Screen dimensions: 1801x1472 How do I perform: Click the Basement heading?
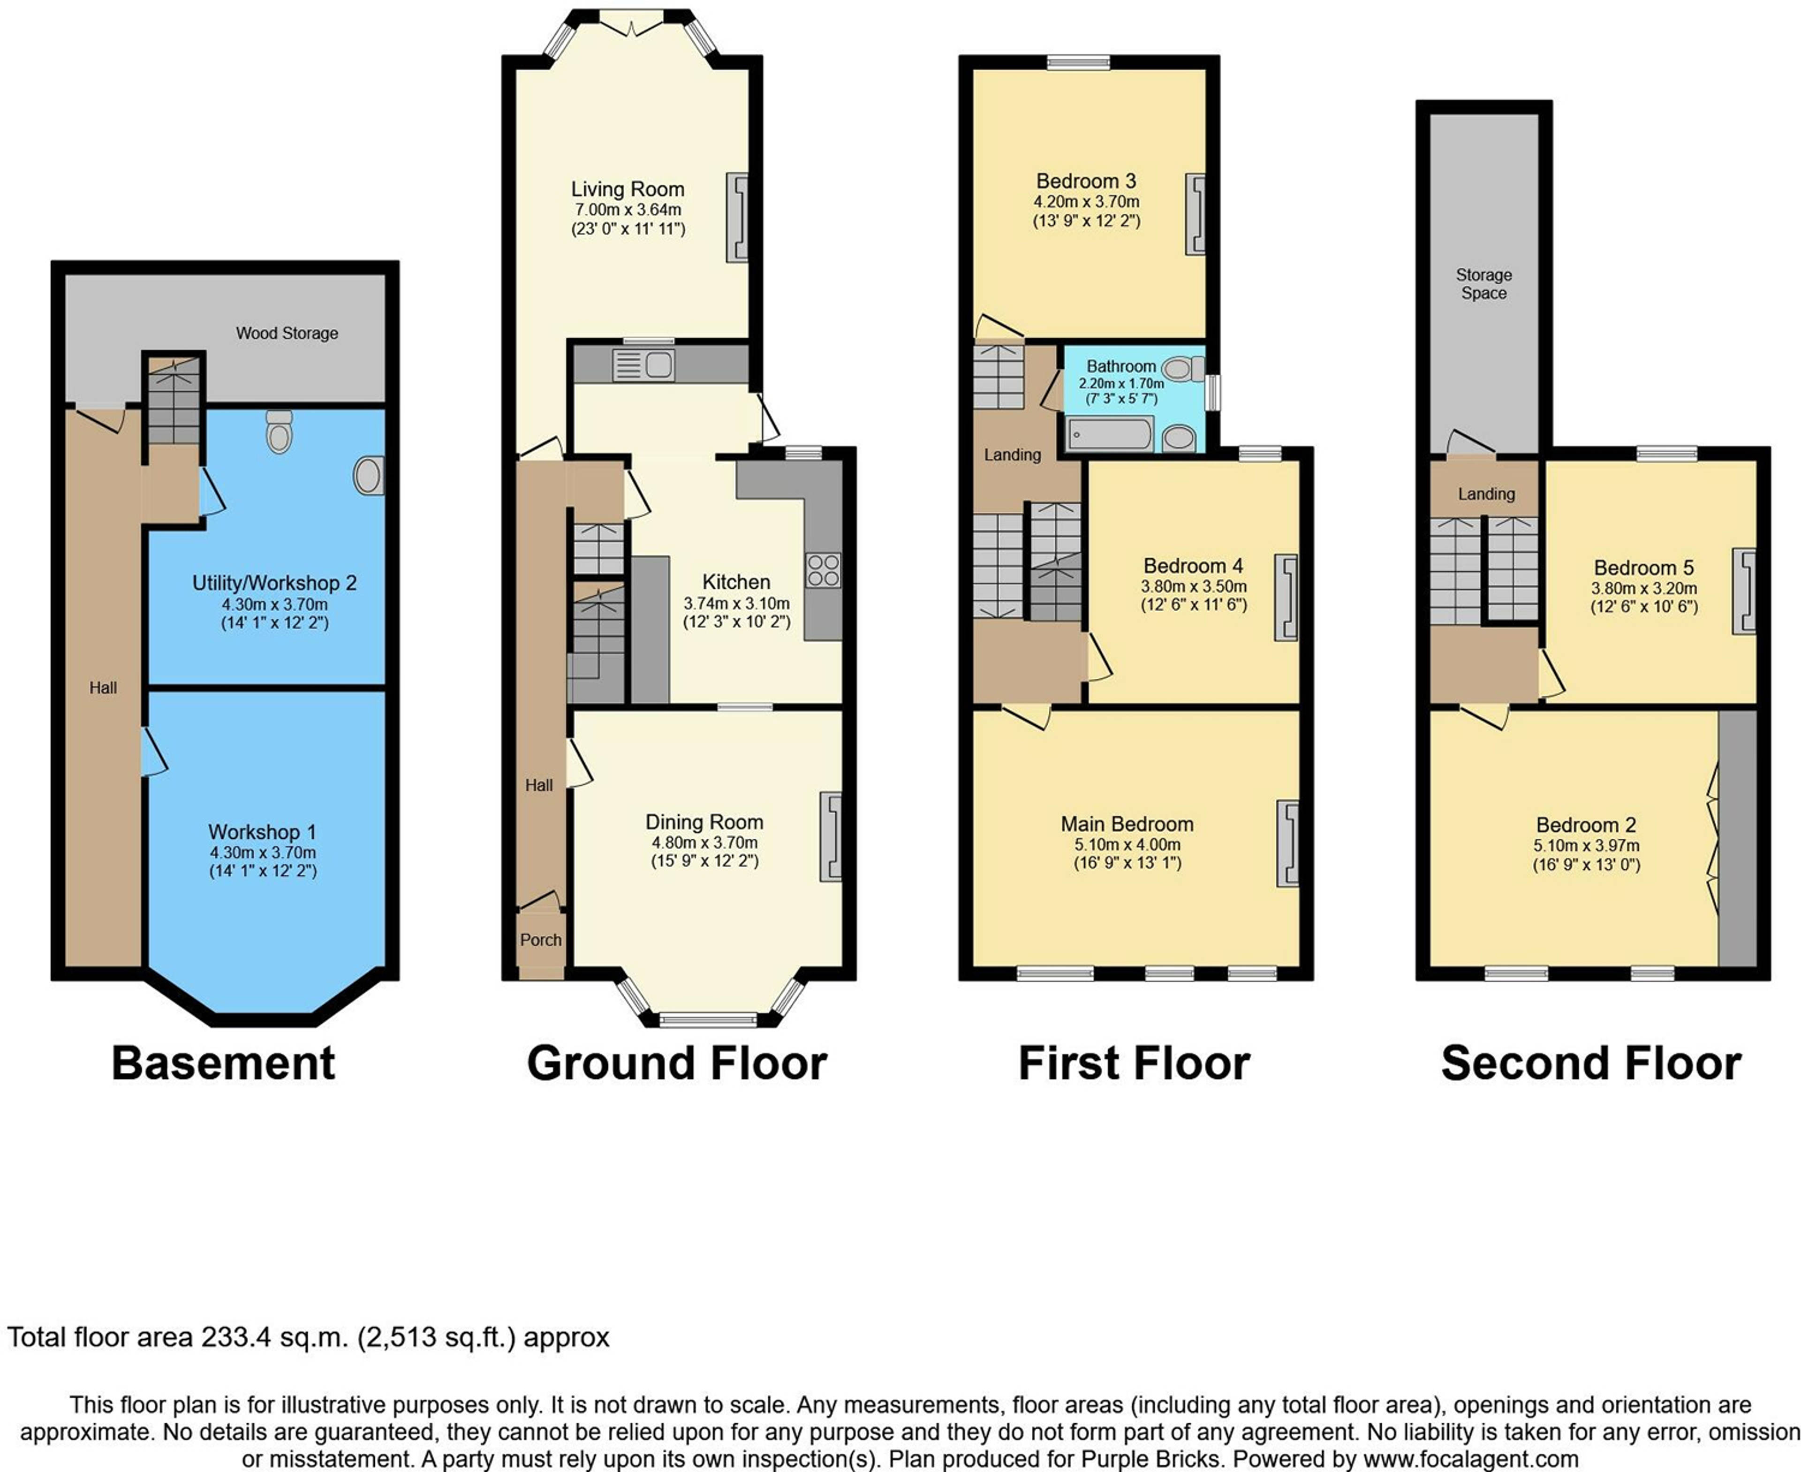tap(224, 1063)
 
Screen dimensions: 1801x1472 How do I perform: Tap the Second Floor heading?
tap(1591, 1063)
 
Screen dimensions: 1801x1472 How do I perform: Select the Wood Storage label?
tap(287, 333)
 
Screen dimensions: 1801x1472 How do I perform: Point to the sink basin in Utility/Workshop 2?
tap(369, 476)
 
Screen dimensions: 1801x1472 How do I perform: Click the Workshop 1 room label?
tap(262, 832)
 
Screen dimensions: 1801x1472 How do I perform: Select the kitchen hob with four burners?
tap(823, 570)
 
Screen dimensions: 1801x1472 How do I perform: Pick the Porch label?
tap(541, 940)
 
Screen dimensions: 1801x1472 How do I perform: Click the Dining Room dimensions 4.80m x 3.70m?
tap(704, 843)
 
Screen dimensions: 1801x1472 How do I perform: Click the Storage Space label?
tap(1484, 284)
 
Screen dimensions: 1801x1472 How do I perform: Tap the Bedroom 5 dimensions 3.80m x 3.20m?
tap(1644, 588)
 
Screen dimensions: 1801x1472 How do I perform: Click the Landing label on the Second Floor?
tap(1486, 493)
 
